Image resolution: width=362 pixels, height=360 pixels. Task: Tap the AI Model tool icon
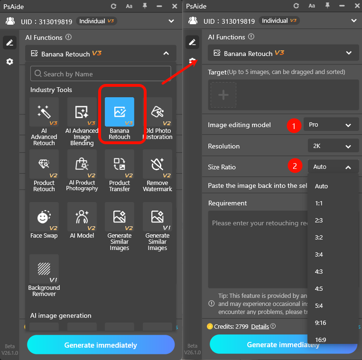[x=82, y=218]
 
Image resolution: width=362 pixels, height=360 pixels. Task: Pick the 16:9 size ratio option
[x=320, y=340]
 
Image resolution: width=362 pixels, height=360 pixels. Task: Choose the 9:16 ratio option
[x=320, y=323]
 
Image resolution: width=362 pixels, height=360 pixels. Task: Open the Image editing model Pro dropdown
[x=331, y=125]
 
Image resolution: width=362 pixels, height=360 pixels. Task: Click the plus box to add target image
[x=223, y=95]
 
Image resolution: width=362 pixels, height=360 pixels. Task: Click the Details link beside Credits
[x=260, y=326]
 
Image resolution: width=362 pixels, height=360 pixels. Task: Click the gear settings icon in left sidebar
[x=9, y=62]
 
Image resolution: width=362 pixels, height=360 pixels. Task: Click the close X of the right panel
[x=354, y=6]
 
